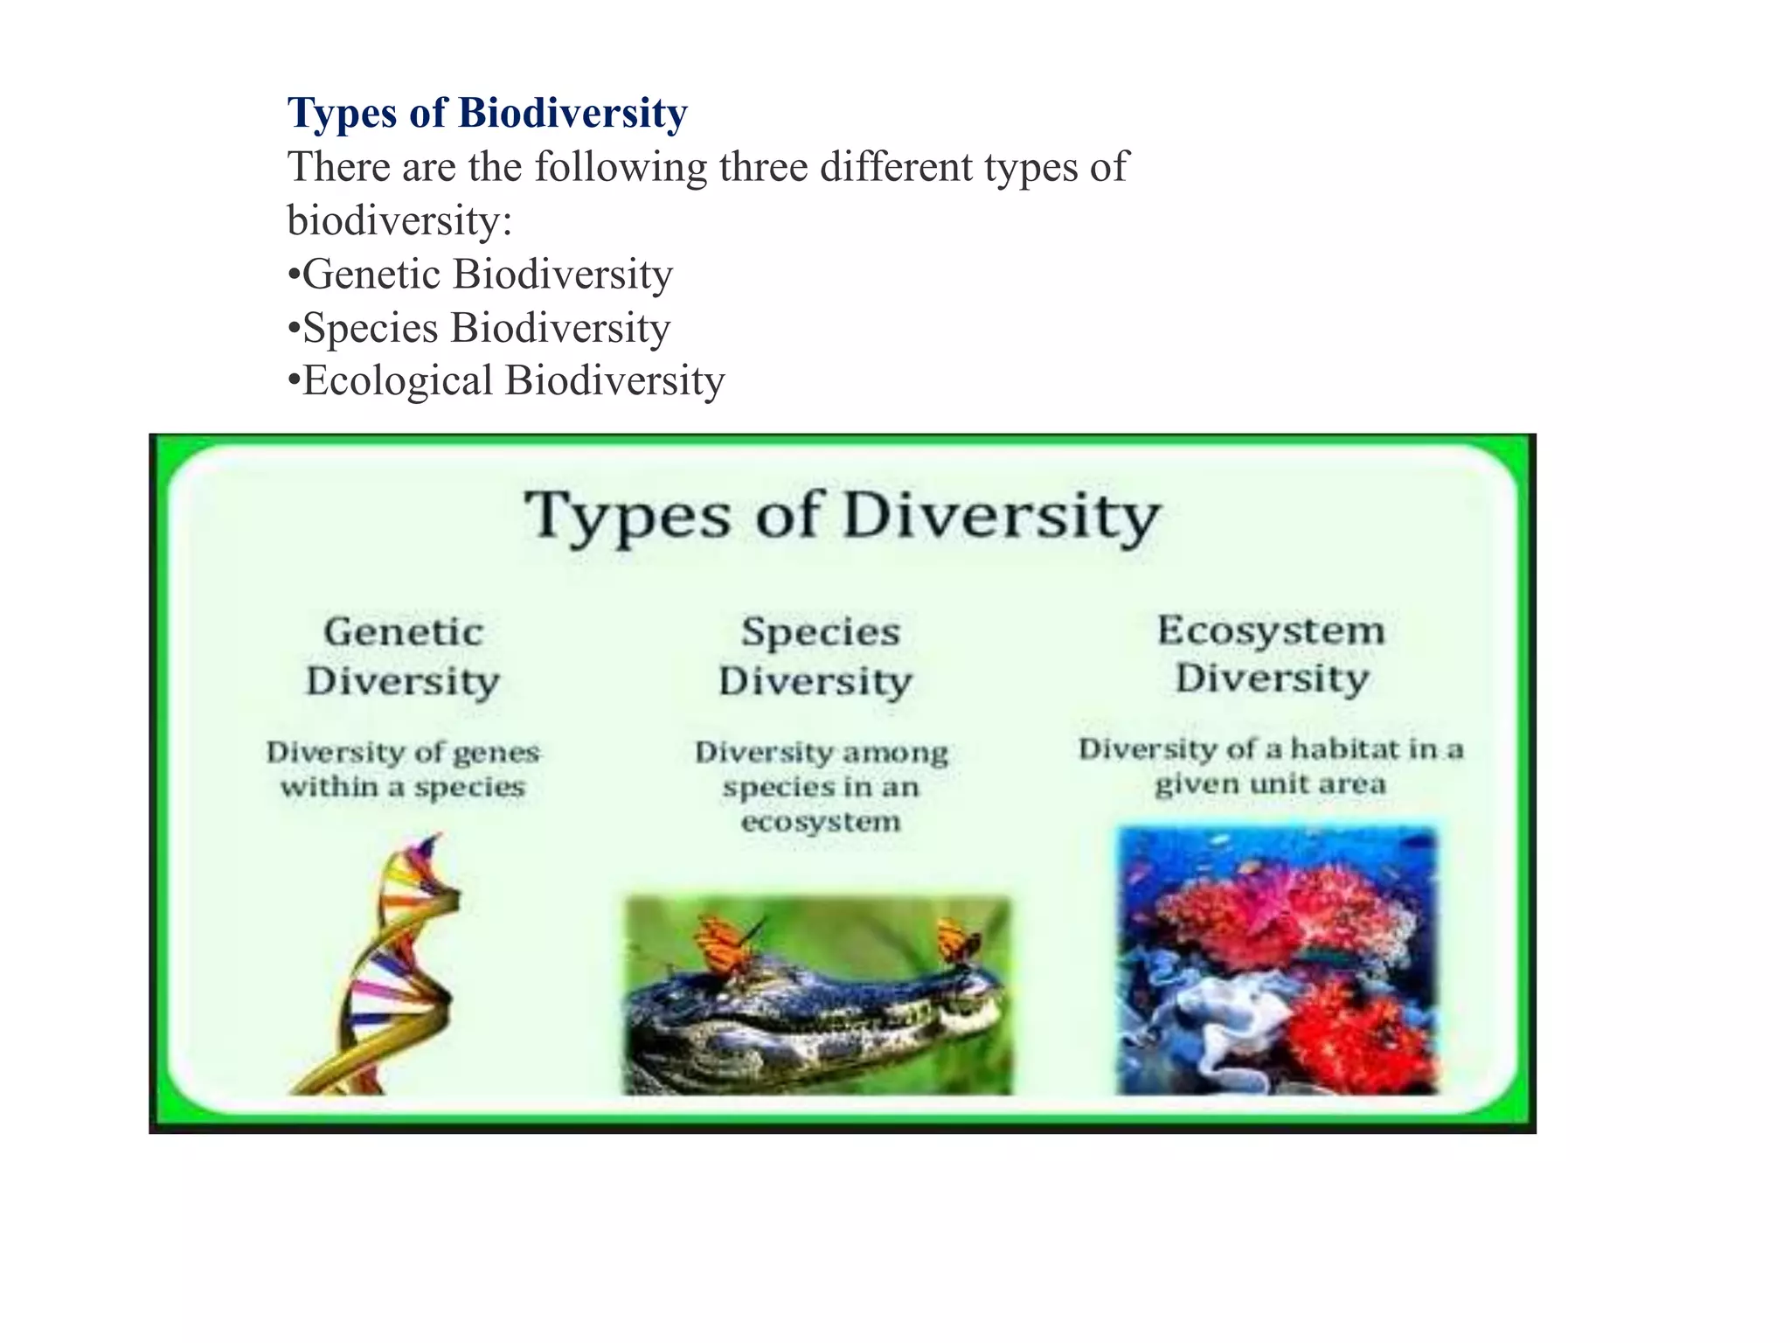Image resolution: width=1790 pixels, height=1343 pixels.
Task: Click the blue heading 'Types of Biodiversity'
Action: pos(487,113)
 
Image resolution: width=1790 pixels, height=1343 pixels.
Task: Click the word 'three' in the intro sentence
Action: pos(764,166)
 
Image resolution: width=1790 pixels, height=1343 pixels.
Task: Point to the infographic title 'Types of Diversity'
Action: pos(842,516)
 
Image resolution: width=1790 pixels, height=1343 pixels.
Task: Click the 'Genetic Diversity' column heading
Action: pos(403,656)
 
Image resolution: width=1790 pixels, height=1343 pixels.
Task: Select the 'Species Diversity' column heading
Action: pos(817,656)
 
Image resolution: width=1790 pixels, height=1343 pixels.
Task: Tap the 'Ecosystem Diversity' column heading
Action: pos(1272,654)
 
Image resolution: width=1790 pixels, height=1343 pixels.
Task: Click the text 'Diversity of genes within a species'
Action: pos(403,769)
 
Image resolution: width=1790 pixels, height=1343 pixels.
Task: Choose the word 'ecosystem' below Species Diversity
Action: pos(820,822)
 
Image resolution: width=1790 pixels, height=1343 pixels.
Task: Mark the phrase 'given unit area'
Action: pos(1270,784)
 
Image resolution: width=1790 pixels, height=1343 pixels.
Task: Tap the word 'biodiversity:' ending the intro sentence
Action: pos(399,220)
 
